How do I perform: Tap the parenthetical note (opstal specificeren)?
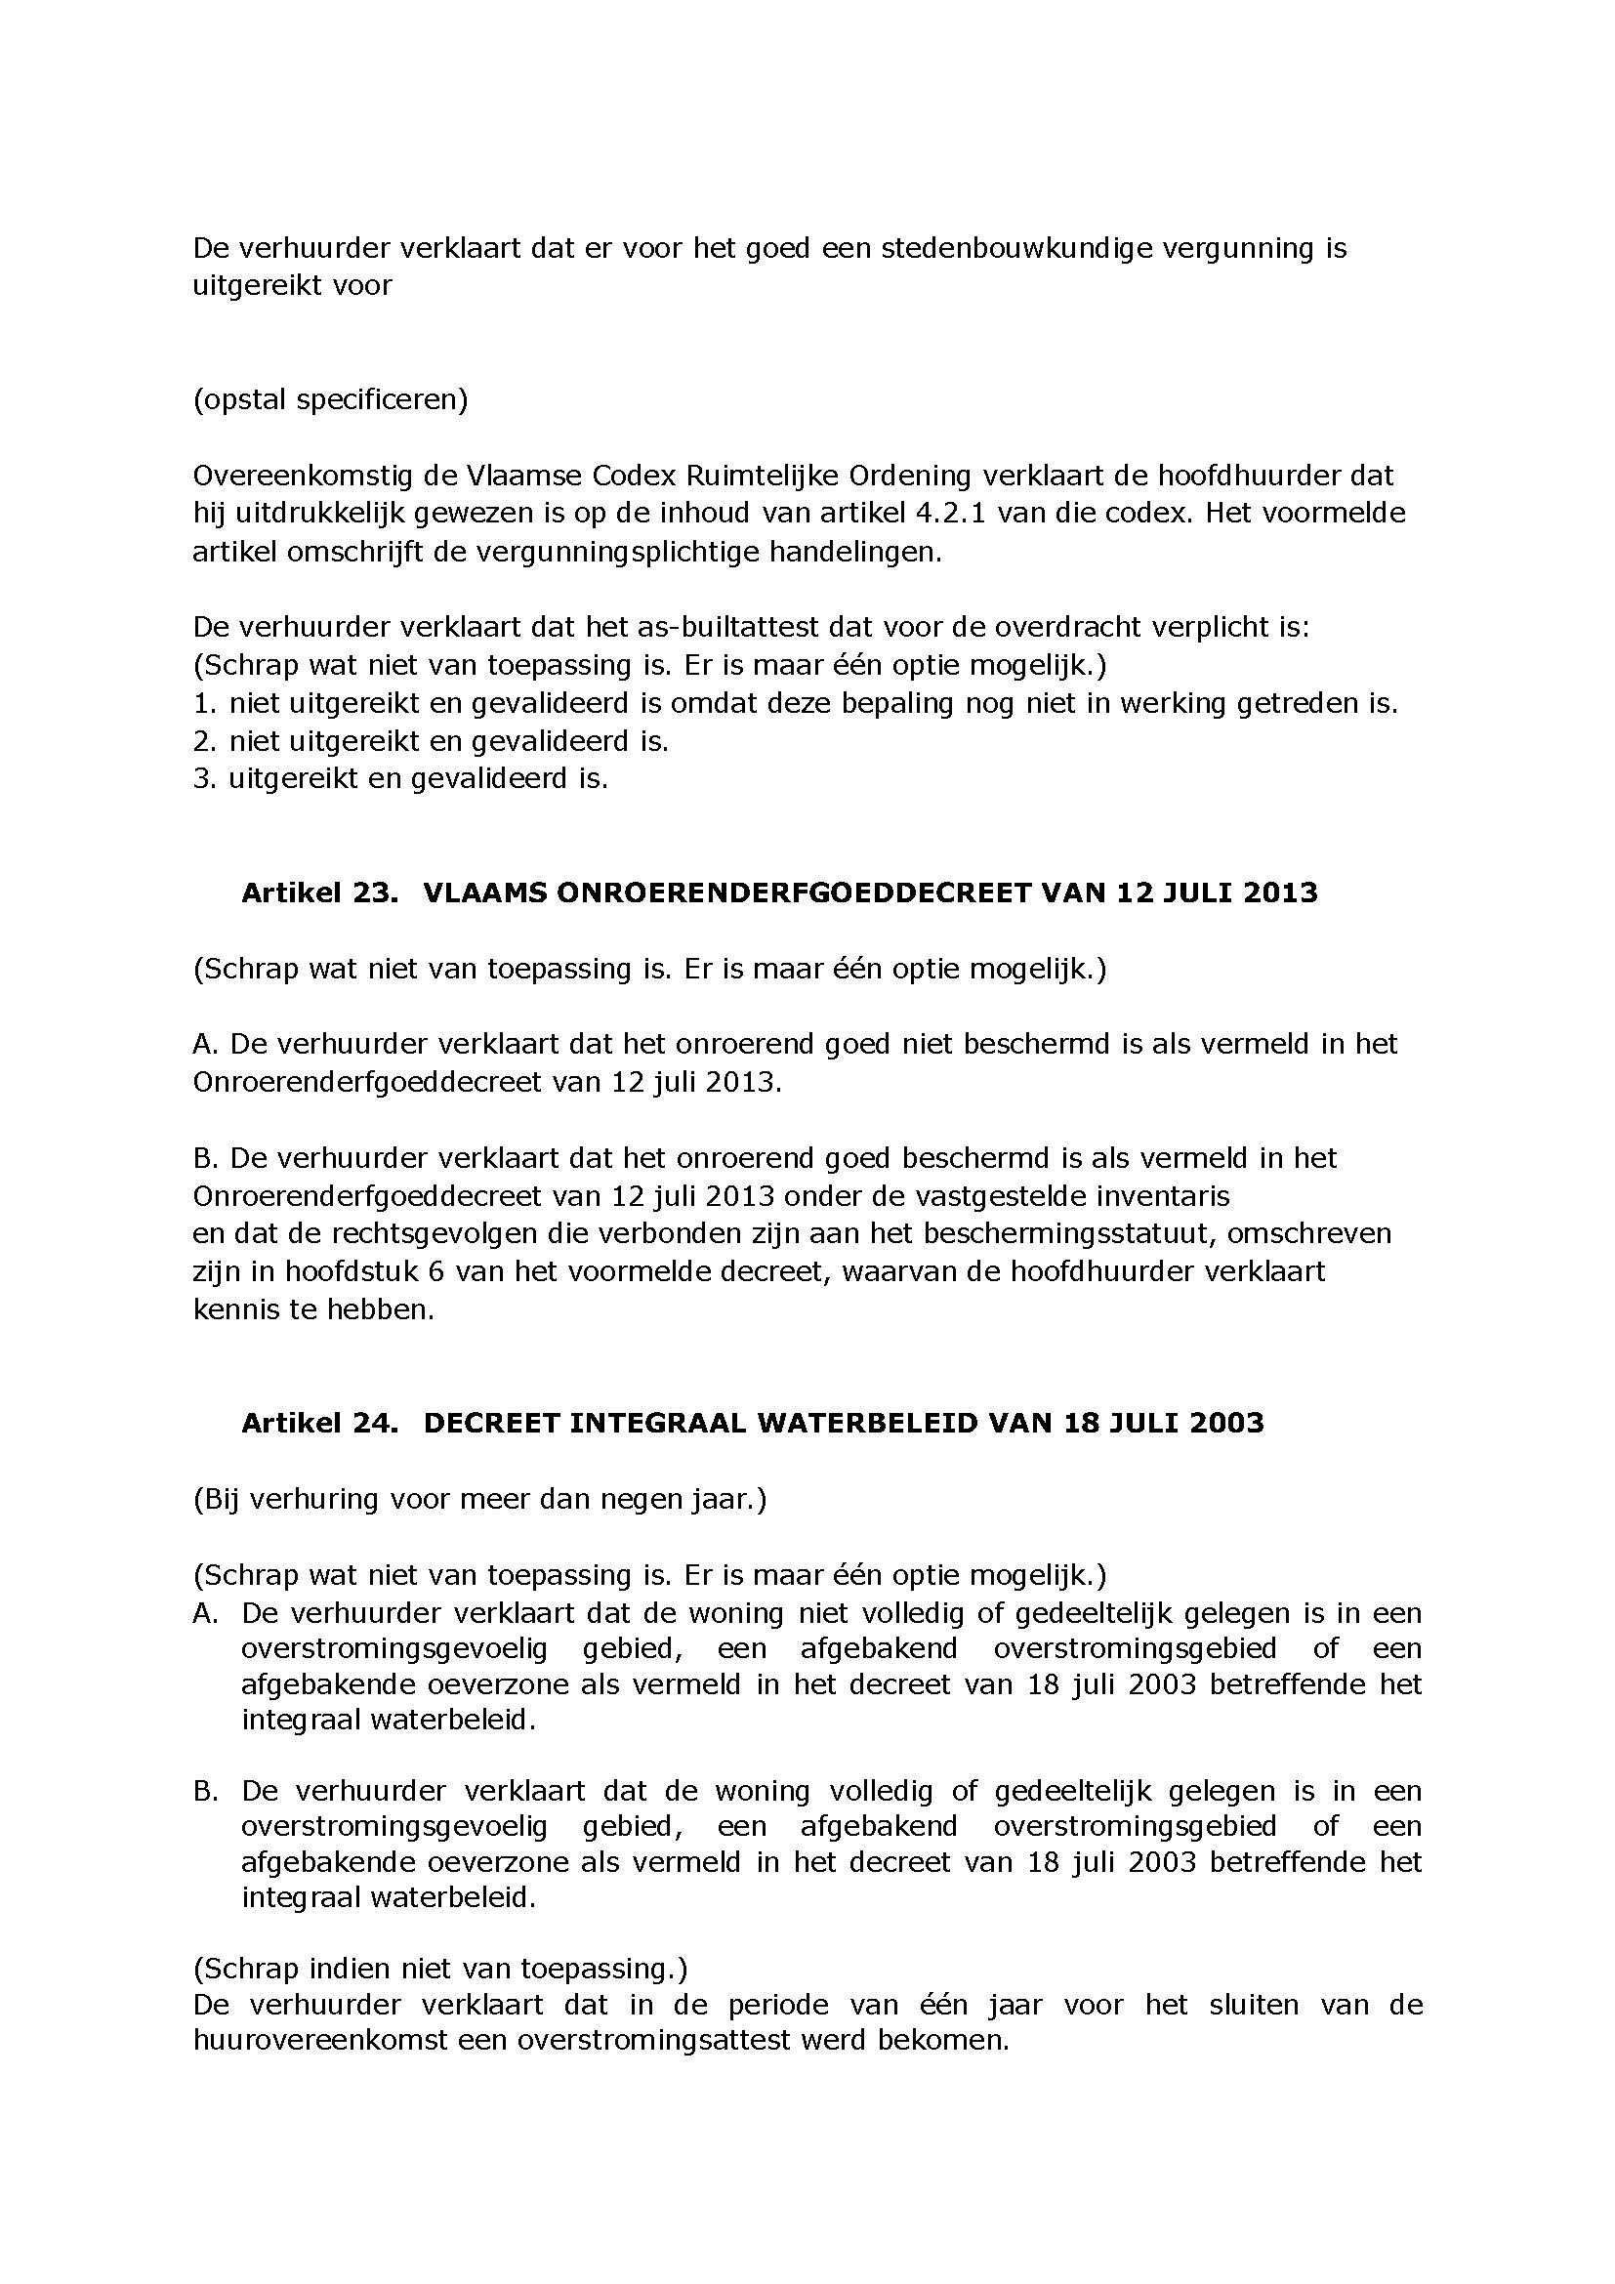coord(330,400)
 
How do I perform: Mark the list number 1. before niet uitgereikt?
coord(204,703)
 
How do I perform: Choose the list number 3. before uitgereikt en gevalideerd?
coord(204,779)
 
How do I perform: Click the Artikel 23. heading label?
coord(319,893)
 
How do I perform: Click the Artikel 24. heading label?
coord(319,1423)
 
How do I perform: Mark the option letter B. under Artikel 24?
coord(205,1792)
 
